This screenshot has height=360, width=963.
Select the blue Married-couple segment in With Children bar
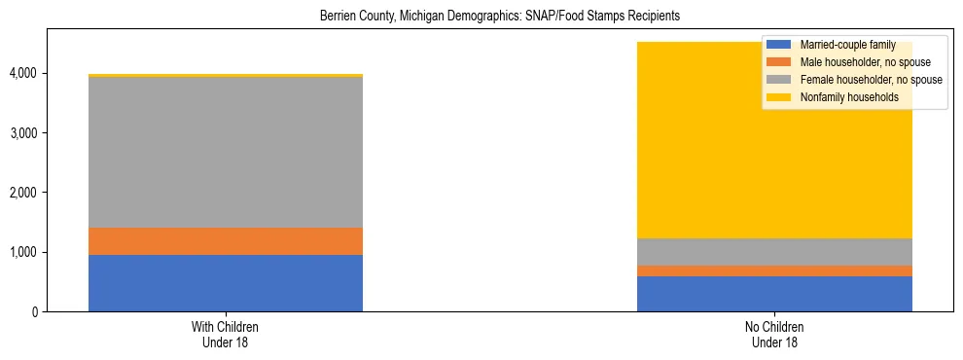click(226, 283)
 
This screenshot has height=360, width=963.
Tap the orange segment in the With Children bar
click(226, 241)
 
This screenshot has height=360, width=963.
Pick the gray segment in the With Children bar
click(226, 152)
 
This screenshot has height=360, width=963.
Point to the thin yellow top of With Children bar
click(226, 75)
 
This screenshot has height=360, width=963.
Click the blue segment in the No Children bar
click(774, 294)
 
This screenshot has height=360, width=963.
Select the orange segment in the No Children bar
click(774, 271)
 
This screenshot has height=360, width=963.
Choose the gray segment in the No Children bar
click(774, 252)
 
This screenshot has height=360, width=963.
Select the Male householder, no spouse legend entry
click(856, 62)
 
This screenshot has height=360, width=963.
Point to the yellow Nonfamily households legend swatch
click(779, 97)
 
